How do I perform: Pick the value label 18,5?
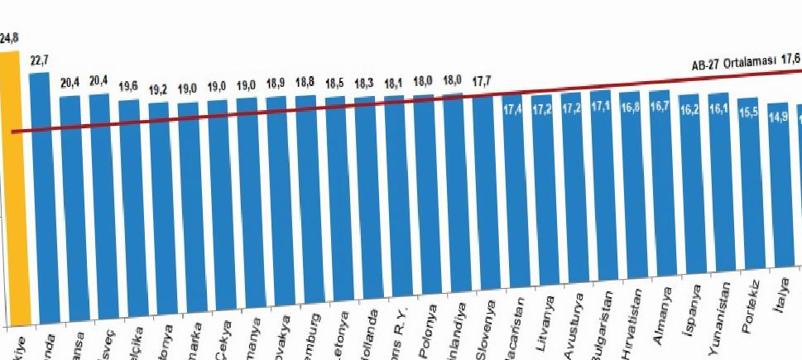click(334, 84)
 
